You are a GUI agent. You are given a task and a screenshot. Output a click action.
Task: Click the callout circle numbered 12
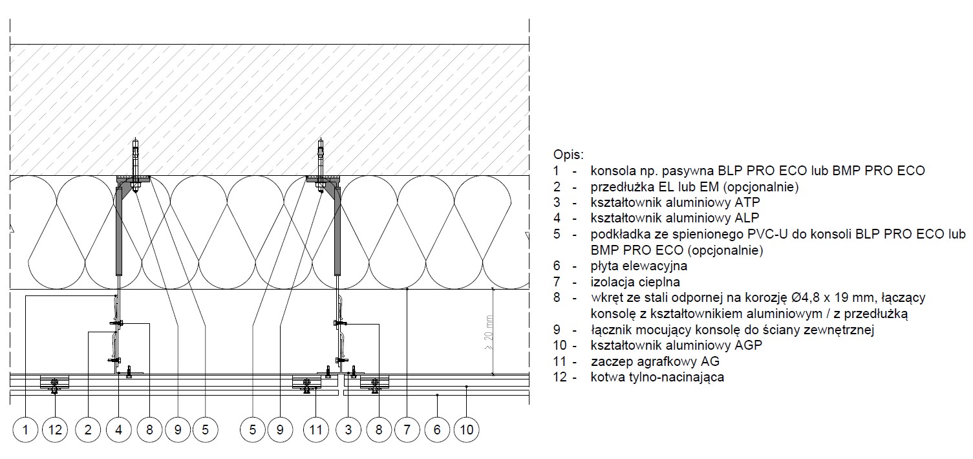(55, 430)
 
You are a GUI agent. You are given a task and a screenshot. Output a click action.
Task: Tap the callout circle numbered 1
(25, 430)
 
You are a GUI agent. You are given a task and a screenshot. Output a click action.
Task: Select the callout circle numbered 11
(315, 430)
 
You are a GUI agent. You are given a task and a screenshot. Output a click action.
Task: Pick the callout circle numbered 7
(407, 430)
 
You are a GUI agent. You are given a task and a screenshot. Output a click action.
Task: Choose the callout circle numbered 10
(467, 430)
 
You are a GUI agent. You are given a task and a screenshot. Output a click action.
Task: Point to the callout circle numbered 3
(348, 430)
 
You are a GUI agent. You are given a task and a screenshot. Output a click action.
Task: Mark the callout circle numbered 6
(437, 430)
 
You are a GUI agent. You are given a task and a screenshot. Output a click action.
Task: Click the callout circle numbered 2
(88, 430)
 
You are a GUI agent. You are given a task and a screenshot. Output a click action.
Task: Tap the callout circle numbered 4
(118, 430)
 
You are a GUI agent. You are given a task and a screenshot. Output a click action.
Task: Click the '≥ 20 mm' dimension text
(489, 333)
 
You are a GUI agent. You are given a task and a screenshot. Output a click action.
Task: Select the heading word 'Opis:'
(568, 155)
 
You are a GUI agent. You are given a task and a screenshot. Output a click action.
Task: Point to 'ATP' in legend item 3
(747, 202)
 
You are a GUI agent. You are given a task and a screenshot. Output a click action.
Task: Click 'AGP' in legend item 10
(749, 345)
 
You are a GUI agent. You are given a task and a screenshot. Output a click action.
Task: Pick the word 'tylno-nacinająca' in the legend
(679, 377)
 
